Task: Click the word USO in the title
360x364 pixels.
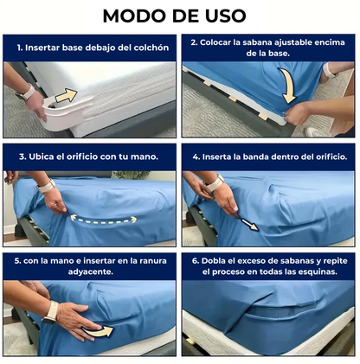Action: click(x=226, y=16)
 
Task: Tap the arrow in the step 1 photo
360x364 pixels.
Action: click(x=67, y=95)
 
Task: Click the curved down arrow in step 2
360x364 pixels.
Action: click(x=287, y=86)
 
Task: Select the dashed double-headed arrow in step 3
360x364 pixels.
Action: click(x=103, y=220)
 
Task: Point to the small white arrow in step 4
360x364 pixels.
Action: click(x=249, y=224)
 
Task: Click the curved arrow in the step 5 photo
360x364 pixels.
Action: click(x=97, y=331)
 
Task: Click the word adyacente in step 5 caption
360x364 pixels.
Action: click(x=90, y=271)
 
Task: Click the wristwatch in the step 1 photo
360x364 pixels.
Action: click(x=26, y=93)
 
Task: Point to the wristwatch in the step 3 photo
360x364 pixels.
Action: click(x=46, y=186)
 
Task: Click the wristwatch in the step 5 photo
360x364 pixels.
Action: click(x=50, y=312)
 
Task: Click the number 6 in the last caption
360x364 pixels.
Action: click(x=196, y=261)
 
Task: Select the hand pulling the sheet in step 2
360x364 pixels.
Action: click(x=297, y=114)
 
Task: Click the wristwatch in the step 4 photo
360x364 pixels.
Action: click(x=214, y=183)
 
